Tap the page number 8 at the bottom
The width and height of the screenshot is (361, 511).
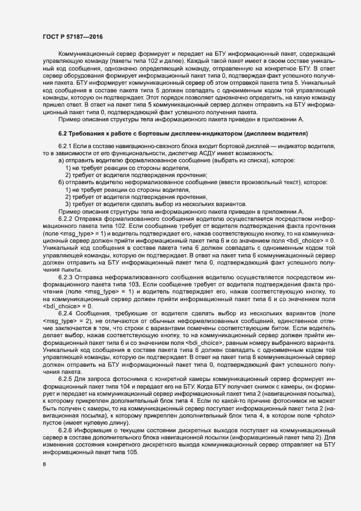click(x=45, y=464)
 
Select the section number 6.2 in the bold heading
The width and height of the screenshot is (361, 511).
click(x=62, y=133)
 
